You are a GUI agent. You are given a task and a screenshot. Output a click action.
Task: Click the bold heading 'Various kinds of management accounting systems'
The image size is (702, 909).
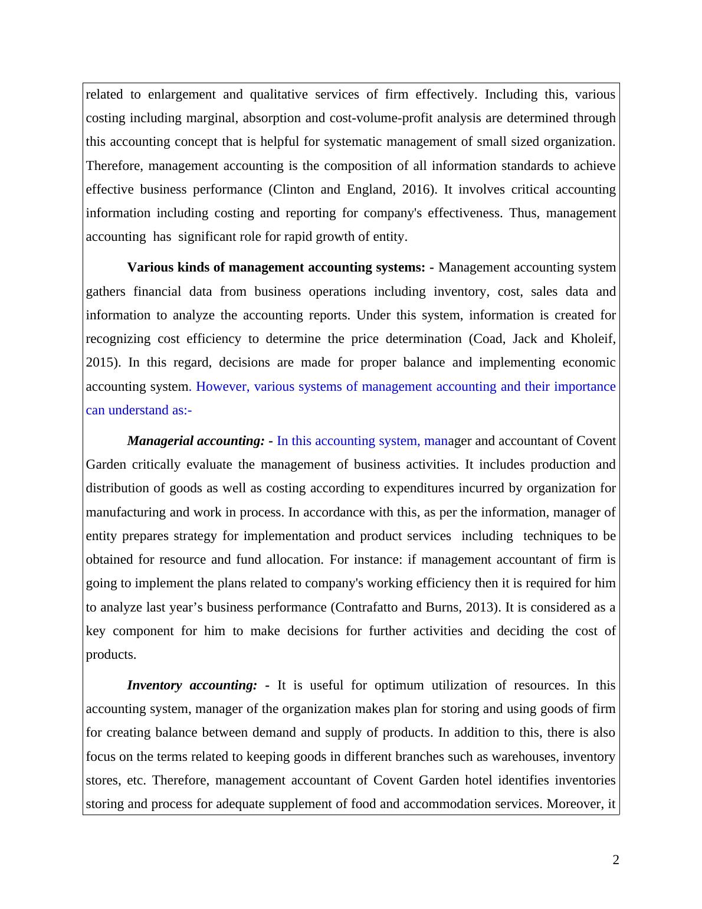275,267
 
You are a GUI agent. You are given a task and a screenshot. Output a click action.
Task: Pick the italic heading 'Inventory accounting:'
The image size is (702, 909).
192,685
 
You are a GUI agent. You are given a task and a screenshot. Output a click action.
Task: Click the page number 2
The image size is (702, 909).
616,860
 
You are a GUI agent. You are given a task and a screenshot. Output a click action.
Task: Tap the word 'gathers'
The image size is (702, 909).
106,292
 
